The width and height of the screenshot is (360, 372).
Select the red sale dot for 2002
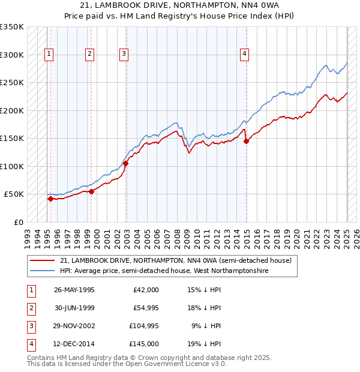click(x=126, y=163)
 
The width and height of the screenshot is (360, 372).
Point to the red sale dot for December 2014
click(x=247, y=141)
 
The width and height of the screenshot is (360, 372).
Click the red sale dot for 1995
click(x=50, y=199)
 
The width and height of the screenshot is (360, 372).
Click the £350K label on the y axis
click(x=12, y=27)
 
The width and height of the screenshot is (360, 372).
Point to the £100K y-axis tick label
click(x=12, y=166)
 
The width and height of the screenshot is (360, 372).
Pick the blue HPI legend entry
click(x=164, y=271)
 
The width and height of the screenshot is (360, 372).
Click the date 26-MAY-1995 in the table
click(x=74, y=290)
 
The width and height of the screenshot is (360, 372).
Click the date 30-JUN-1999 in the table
click(x=74, y=308)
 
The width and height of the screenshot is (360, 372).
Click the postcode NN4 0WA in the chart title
click(x=233, y=5)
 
